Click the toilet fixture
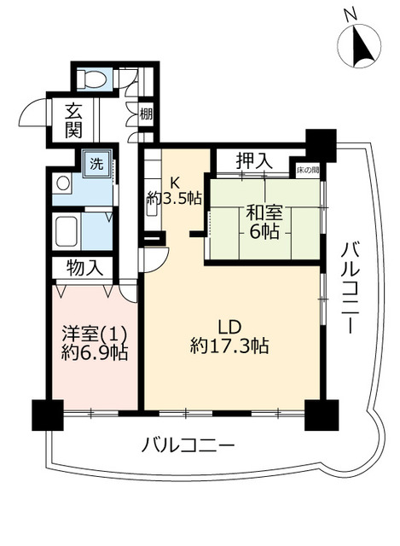pos(91,78)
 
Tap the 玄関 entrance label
pos(73,121)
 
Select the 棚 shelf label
pos(146,113)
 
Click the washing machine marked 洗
pos(96,164)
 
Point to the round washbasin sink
pos(63,183)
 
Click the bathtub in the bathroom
pos(67,231)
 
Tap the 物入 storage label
pos(84,269)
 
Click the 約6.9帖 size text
pos(95,353)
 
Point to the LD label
pos(229,327)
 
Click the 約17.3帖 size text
pos(229,346)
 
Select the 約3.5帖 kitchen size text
pos(174,199)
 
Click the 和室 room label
pos(264,212)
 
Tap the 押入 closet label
pos(253,161)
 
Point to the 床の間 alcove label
pos(308,171)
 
